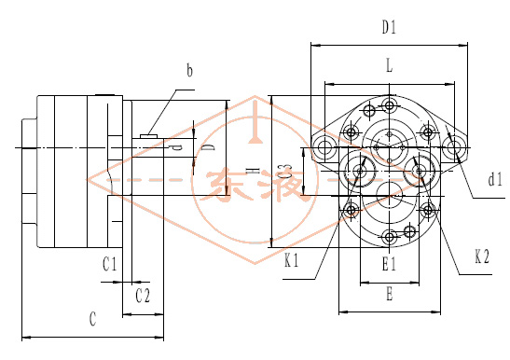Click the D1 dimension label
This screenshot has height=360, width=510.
[390, 27]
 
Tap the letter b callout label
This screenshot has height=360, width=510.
[189, 70]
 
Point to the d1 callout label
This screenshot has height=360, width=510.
[495, 179]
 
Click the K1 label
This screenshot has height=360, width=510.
[292, 260]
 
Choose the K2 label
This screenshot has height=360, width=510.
[482, 256]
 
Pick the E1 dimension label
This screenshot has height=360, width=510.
[389, 263]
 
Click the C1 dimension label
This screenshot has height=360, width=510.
[110, 264]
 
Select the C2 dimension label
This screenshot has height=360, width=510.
[143, 296]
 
